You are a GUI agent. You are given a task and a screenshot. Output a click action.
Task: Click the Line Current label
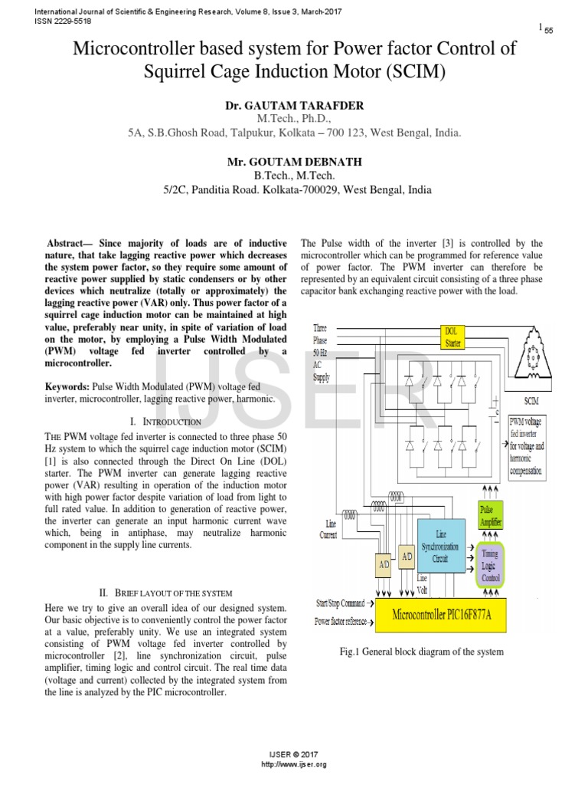(328, 530)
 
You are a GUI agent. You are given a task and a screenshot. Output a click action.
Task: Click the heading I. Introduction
(166, 422)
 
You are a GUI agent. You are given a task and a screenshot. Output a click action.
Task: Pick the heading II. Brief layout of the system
(165, 593)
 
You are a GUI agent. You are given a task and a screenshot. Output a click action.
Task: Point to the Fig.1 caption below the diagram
(421, 652)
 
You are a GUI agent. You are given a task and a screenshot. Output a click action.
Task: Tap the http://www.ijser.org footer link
(294, 765)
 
